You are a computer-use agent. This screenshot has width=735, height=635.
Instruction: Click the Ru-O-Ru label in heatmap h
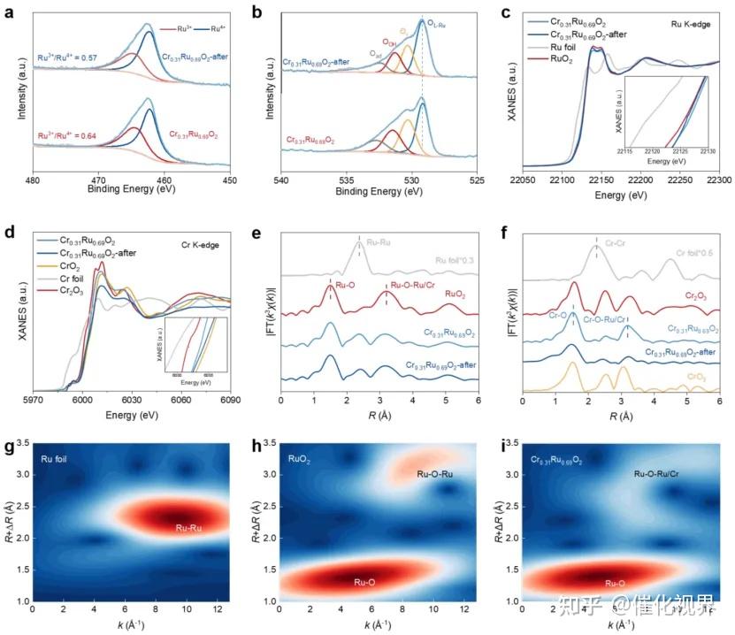point(436,475)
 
